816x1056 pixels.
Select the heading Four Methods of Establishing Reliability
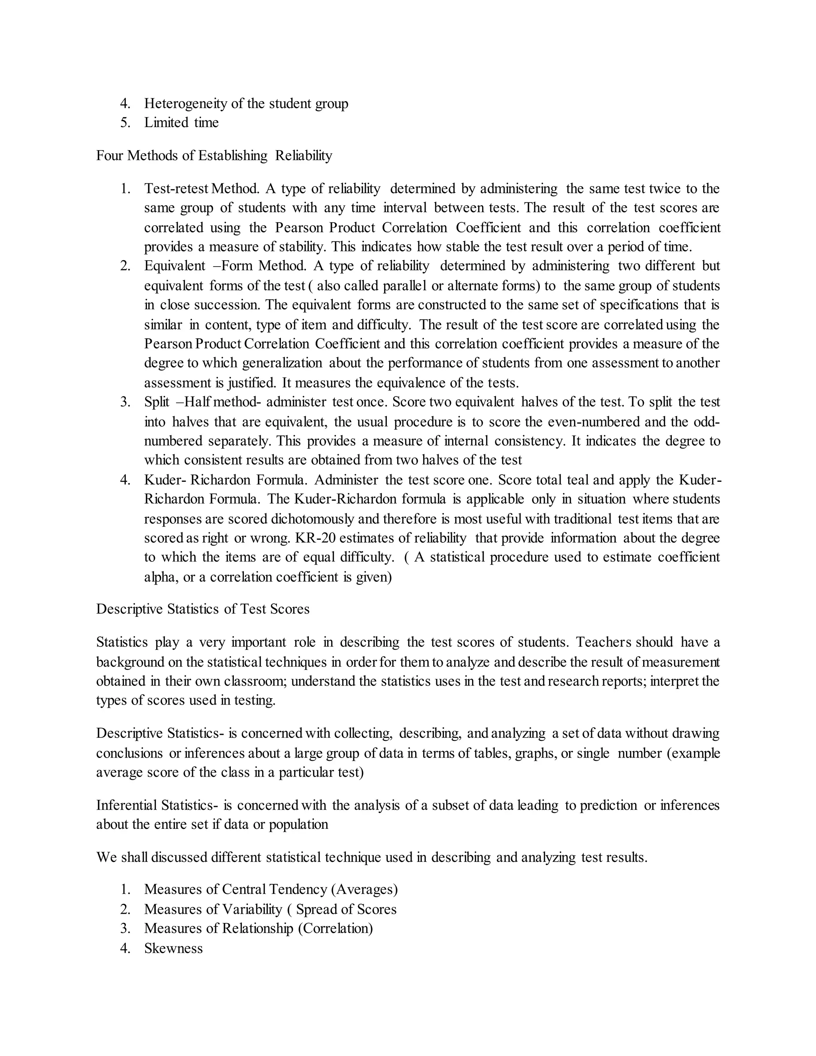214,156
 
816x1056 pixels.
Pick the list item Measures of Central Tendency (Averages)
271,889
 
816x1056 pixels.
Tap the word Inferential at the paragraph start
126,805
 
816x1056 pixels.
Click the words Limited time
181,123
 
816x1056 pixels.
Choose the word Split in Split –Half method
157,402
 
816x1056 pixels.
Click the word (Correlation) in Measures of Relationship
335,928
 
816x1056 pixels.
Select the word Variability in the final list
251,909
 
